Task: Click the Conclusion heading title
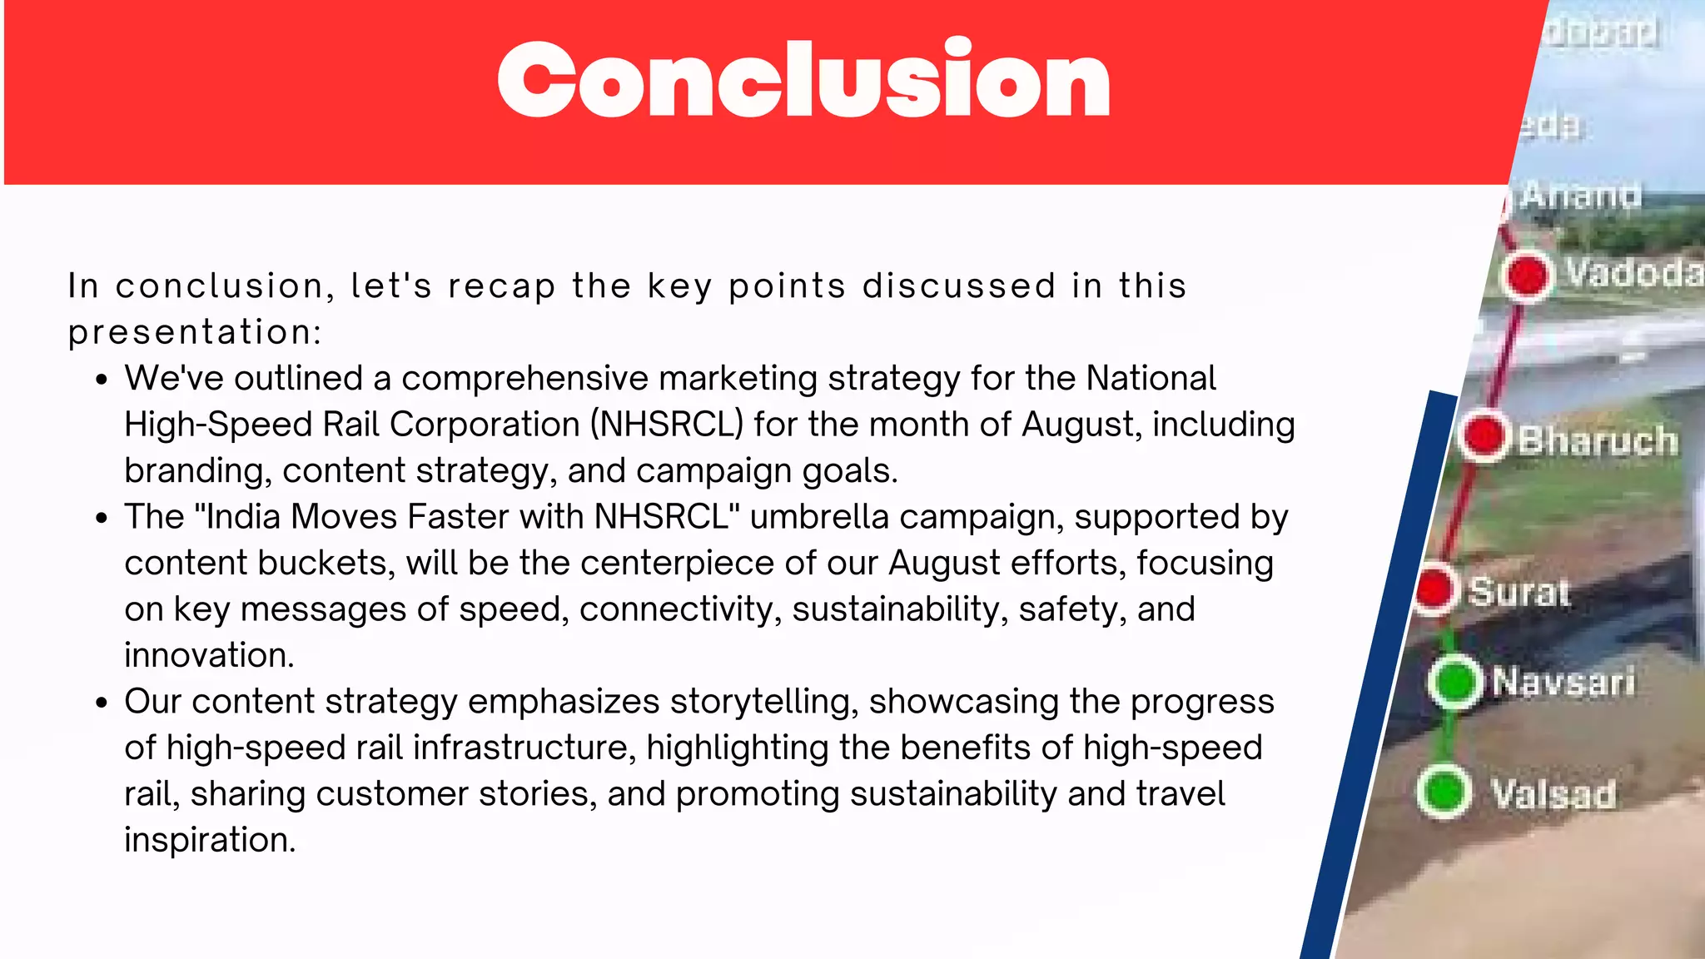tap(803, 80)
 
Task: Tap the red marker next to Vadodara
tap(1528, 276)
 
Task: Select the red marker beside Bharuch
tap(1484, 435)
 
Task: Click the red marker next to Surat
tap(1434, 589)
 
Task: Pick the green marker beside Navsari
tap(1454, 682)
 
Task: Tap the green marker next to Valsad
tap(1444, 791)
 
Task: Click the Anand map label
tap(1580, 196)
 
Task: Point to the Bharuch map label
tap(1597, 440)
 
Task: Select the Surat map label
tap(1519, 592)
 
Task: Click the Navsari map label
tap(1563, 682)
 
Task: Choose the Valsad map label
tap(1553, 793)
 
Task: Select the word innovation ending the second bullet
tap(209, 655)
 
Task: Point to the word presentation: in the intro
tap(194, 332)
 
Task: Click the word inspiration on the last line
tap(210, 840)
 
